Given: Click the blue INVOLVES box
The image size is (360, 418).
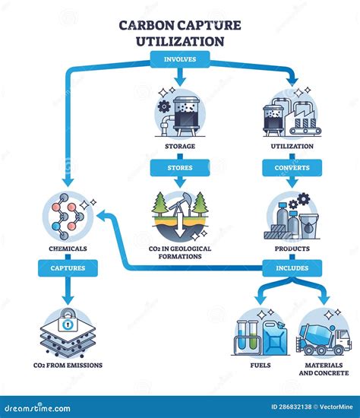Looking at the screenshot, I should click(179, 57).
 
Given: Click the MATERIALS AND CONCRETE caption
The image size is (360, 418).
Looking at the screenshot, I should click(324, 369).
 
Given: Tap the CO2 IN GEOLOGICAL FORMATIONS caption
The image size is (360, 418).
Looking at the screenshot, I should click(180, 252).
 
